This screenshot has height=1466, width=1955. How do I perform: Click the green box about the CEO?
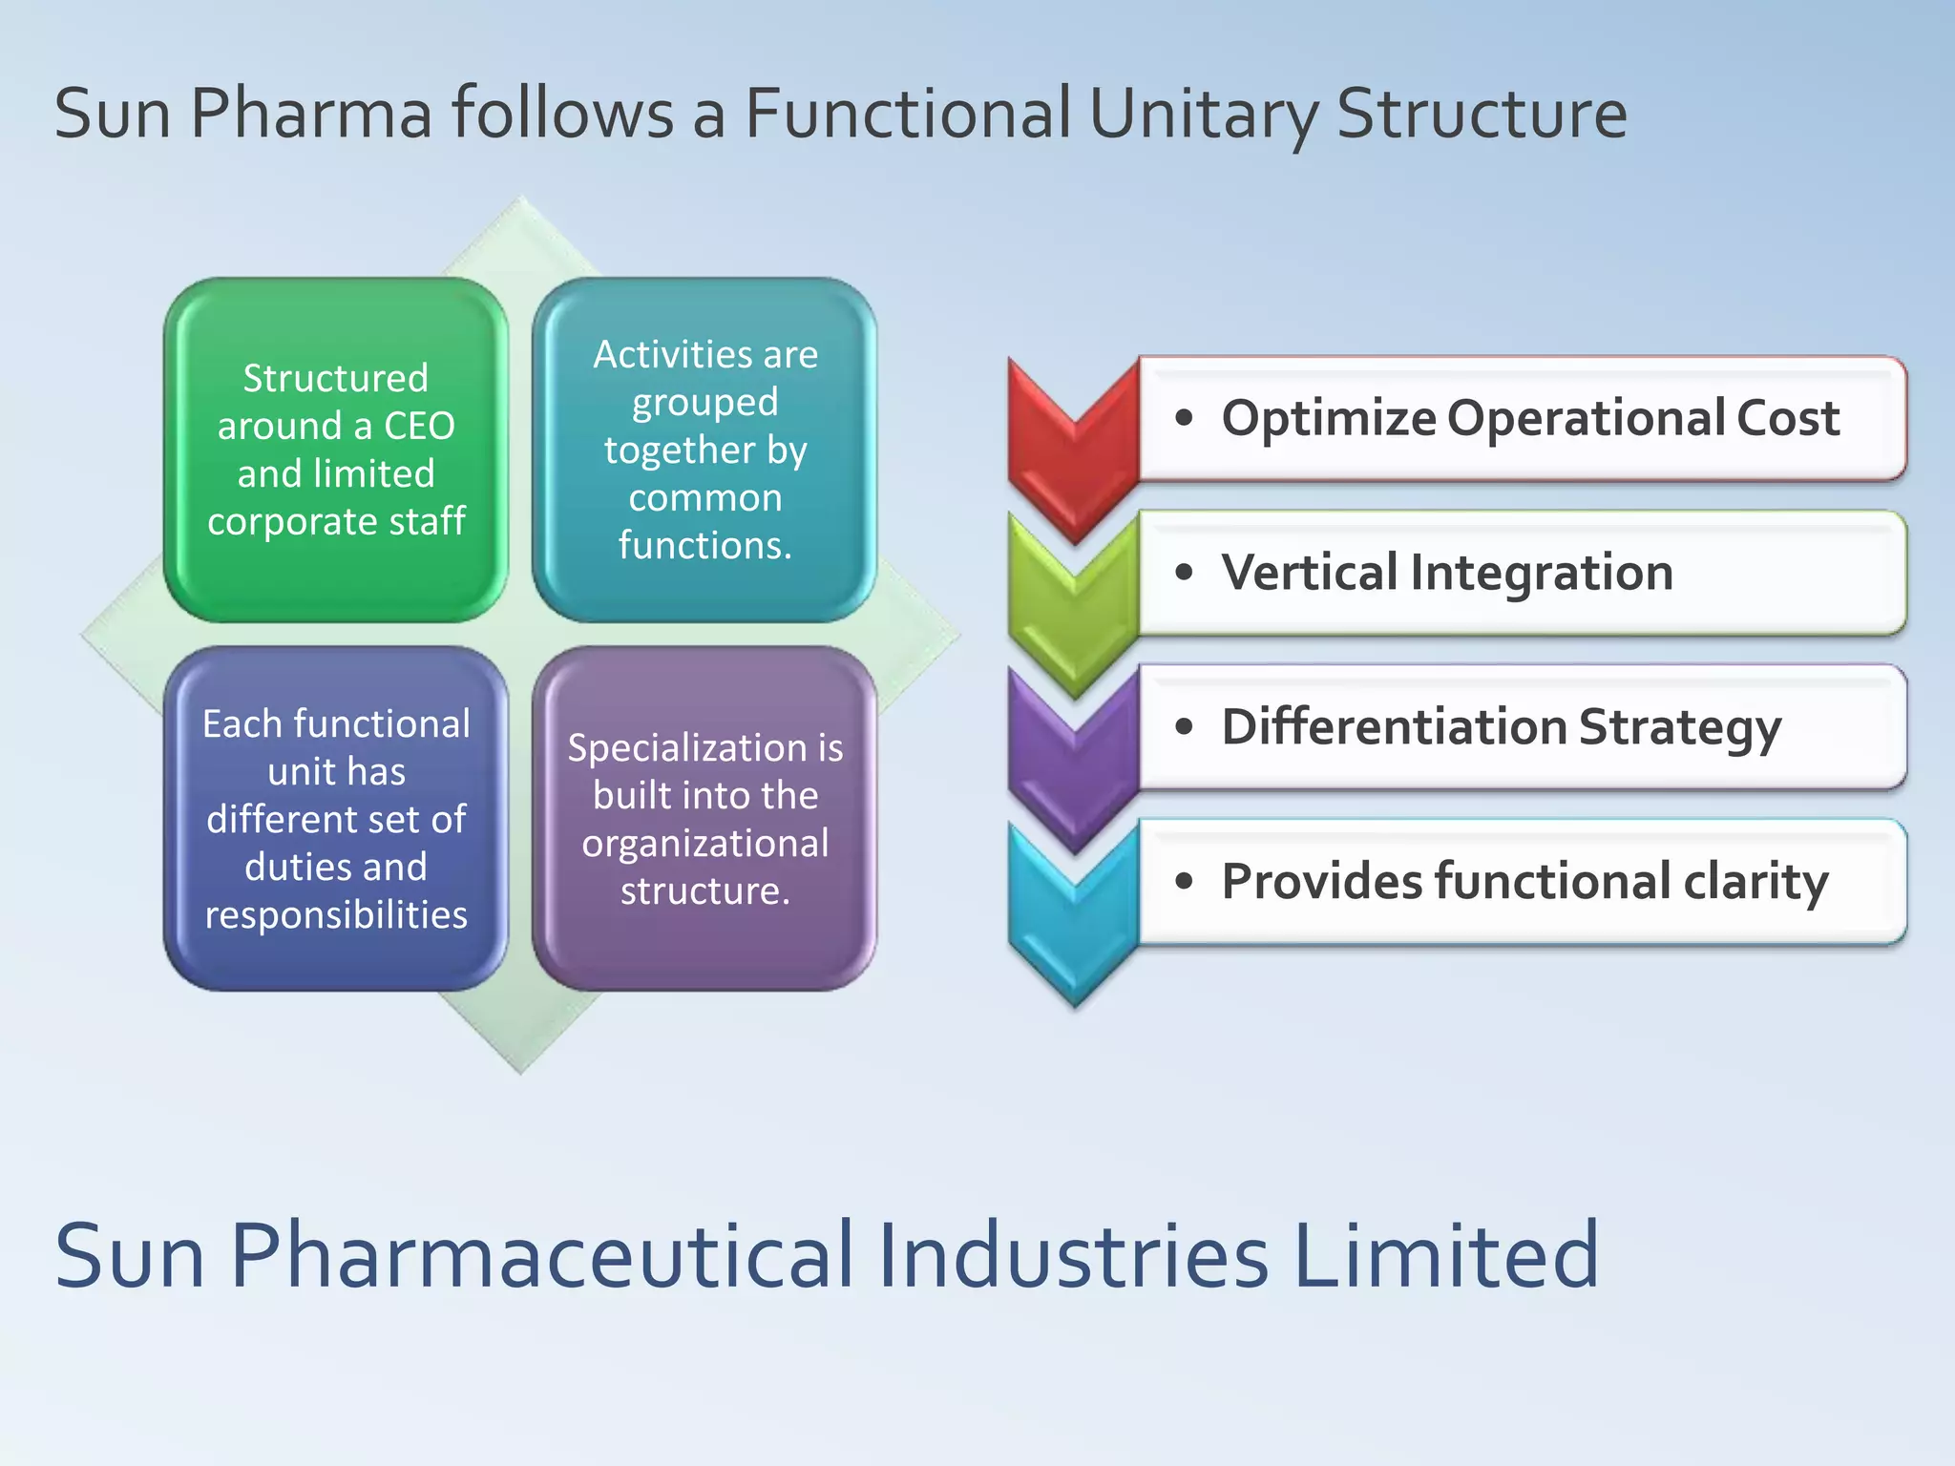(336, 450)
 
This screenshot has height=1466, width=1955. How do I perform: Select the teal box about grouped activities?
(704, 450)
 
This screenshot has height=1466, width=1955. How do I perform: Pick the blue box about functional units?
(336, 818)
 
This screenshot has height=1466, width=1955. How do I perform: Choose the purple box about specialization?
(704, 818)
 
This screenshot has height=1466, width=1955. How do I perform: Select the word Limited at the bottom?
(1445, 1255)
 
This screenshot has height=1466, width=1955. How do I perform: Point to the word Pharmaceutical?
(542, 1255)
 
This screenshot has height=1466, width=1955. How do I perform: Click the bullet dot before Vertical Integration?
(1185, 573)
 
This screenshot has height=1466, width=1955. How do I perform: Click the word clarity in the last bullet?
(1755, 882)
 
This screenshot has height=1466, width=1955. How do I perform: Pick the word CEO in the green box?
(419, 426)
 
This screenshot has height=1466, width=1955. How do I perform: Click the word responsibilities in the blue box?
(336, 914)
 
